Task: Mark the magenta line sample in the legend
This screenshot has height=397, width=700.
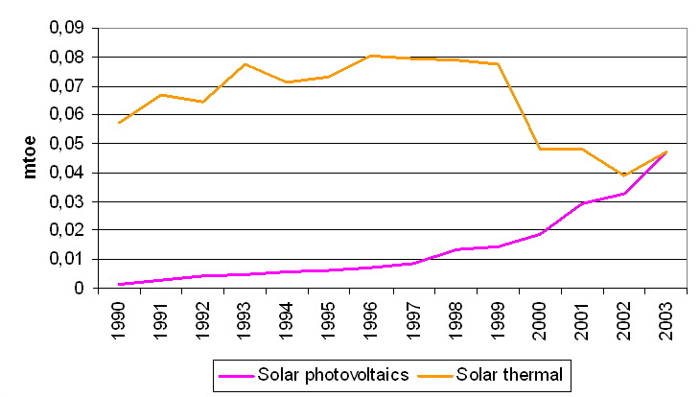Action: [234, 372]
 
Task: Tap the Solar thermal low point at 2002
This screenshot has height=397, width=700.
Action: [623, 175]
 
